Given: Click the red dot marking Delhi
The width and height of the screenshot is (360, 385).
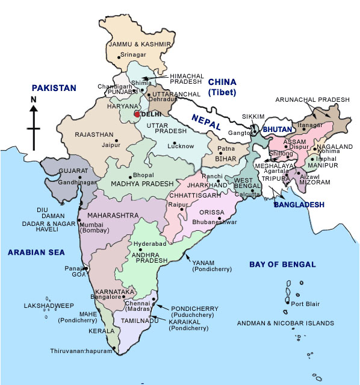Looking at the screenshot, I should point(137,114).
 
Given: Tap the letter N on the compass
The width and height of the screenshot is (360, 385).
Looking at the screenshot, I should point(34,99).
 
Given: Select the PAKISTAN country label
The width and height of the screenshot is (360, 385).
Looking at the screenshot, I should point(55,88).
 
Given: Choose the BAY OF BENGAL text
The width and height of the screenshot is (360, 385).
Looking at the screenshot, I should point(282,264).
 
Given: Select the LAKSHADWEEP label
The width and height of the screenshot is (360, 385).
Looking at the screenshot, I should point(48,306).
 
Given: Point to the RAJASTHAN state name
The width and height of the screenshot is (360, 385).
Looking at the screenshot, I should point(95,135).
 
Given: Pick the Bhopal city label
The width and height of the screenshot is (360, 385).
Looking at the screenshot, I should point(143,175).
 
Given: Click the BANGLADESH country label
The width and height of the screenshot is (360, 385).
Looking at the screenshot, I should point(299,205).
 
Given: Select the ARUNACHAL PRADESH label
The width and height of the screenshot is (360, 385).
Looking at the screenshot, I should point(312,99).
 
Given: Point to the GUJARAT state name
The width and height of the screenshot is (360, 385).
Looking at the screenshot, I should point(73,171).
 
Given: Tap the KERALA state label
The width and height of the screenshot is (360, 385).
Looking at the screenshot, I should point(101,331).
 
